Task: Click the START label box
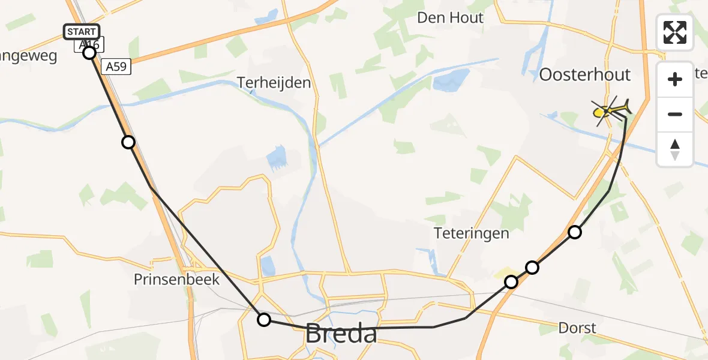[82, 32]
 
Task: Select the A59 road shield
[116, 67]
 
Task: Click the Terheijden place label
[274, 82]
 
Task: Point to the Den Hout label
[451, 18]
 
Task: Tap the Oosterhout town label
[585, 75]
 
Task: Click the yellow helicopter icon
[611, 111]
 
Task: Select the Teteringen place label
[472, 233]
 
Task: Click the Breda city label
[341, 334]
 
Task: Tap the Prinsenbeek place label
[176, 280]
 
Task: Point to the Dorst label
[577, 328]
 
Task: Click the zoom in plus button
[676, 79]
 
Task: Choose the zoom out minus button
[676, 114]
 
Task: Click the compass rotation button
[676, 149]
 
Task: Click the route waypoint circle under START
[89, 53]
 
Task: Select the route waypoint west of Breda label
[264, 319]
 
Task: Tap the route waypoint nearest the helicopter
[575, 232]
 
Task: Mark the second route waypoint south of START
[128, 142]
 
